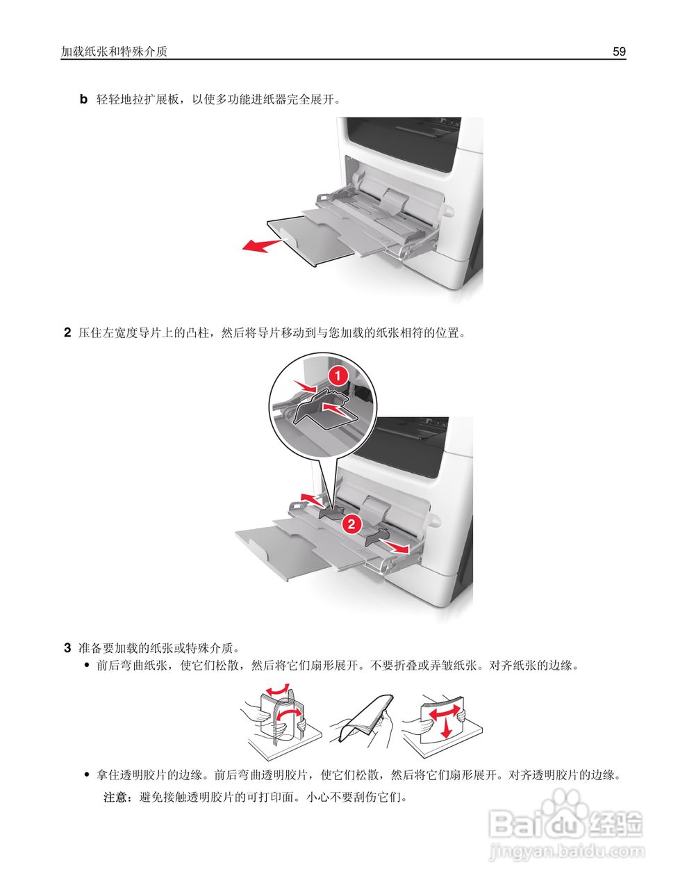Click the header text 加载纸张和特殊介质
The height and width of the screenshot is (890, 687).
114,51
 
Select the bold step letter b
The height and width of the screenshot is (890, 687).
83,99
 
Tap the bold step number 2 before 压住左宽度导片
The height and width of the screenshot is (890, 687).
67,332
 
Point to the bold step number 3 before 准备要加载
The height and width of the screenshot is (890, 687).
67,648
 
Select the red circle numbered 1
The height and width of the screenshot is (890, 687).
338,376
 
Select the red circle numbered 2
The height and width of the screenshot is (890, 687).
351,524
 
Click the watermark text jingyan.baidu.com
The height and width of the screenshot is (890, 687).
567,850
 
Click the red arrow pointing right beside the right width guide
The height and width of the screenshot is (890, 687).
398,549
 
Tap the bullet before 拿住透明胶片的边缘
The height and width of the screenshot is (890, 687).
87,774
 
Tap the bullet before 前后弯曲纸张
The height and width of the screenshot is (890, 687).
87,666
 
